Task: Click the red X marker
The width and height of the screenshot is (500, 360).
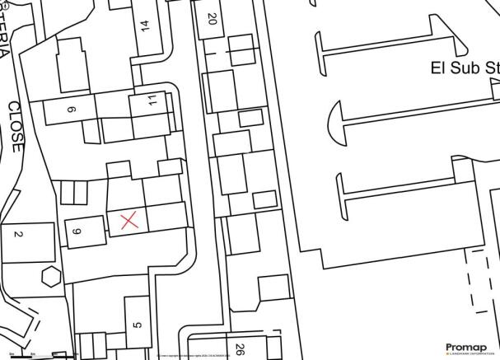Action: (128, 220)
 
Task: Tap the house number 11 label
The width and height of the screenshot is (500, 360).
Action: (152, 101)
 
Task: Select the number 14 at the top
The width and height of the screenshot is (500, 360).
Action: (146, 25)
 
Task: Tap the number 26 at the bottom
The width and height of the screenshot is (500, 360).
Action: (240, 348)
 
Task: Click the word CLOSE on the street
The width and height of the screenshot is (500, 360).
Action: (16, 127)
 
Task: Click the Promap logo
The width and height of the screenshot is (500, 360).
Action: (468, 346)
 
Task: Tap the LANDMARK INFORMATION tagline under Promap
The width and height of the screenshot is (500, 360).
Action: (468, 354)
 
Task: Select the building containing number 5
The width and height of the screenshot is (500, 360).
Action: (138, 321)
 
